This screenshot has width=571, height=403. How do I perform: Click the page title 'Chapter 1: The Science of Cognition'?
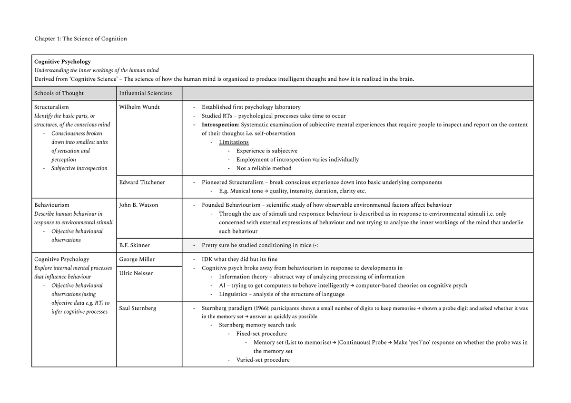(80, 38)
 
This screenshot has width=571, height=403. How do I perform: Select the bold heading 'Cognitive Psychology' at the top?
(62, 62)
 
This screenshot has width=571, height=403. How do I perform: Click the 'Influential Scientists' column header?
(146, 93)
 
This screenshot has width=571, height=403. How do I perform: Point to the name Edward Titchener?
(142, 182)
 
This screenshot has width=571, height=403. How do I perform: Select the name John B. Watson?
(139, 205)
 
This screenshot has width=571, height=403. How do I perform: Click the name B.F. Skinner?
(135, 245)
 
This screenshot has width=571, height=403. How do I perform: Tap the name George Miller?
(137, 259)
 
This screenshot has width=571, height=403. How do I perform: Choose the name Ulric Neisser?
(136, 273)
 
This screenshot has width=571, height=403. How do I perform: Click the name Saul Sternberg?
(138, 308)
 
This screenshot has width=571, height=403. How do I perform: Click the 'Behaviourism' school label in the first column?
(51, 205)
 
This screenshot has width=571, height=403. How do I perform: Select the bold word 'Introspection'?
(220, 125)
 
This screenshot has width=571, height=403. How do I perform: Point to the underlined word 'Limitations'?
(234, 142)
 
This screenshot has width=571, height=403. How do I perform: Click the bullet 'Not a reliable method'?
(264, 168)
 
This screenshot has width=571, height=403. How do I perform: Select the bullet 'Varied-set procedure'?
(263, 360)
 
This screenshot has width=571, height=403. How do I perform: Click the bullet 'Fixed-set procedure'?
(261, 334)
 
